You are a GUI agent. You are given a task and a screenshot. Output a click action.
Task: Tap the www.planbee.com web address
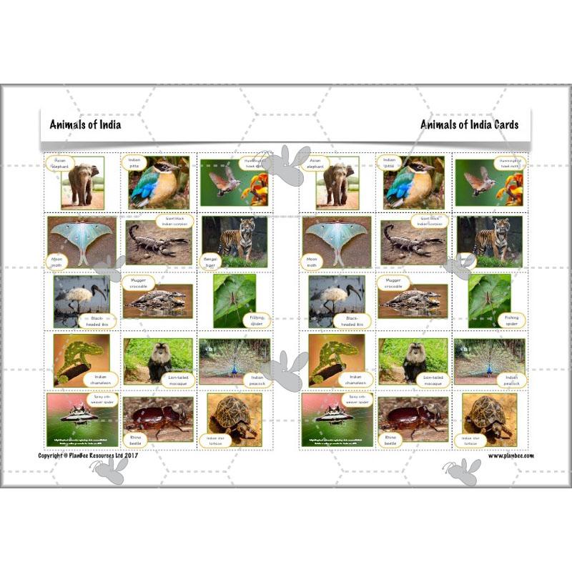(x=511, y=455)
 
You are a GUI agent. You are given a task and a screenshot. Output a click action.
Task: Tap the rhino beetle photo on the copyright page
(x=159, y=417)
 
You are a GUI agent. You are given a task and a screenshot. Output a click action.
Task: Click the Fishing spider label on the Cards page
(x=512, y=320)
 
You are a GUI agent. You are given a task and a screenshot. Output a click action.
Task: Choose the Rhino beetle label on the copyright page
(x=136, y=438)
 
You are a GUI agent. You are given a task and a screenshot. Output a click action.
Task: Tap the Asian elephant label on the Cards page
(x=315, y=163)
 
